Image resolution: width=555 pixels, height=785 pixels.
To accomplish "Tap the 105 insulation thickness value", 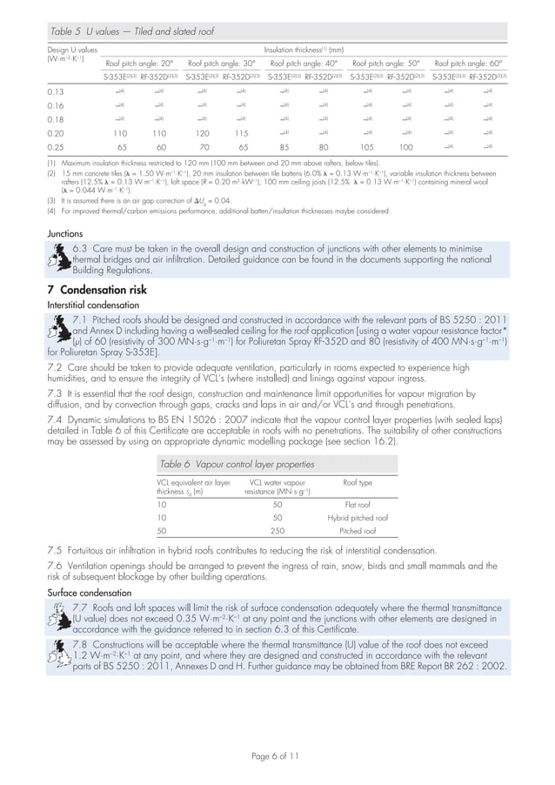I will (365, 149).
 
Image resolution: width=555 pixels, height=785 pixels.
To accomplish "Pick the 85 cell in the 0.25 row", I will (284, 149).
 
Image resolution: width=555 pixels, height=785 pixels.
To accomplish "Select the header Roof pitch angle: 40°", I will (304, 64).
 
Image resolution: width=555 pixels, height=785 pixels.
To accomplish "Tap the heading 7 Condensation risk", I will (97, 290).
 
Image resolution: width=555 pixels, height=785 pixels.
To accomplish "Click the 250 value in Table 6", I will (277, 530).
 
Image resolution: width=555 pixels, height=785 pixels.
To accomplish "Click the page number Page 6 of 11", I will (277, 756).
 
